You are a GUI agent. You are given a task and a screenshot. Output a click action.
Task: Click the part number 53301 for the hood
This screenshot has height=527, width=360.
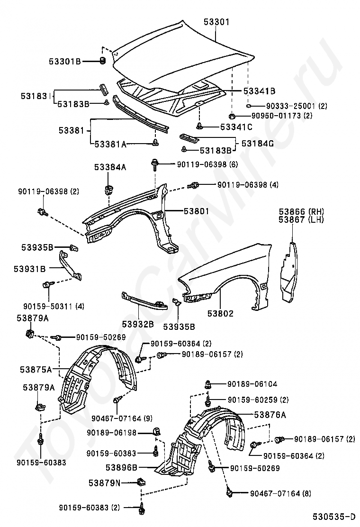(x=216, y=22)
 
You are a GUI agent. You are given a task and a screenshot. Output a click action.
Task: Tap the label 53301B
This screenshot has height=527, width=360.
(x=65, y=62)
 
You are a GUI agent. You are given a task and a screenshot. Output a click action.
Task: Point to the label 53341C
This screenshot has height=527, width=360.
(x=236, y=127)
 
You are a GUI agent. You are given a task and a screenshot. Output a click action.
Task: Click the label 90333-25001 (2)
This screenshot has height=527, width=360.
(x=297, y=106)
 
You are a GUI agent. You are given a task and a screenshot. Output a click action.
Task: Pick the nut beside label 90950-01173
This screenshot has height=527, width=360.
(x=231, y=116)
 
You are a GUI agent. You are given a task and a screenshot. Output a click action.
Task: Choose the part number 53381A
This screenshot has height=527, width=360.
(x=110, y=144)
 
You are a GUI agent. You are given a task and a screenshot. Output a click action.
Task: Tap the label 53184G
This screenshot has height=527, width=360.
(x=258, y=144)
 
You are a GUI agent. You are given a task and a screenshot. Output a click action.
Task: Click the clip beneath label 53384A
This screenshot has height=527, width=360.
(x=108, y=189)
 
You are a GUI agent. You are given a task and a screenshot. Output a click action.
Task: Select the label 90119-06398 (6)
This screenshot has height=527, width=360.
(x=207, y=164)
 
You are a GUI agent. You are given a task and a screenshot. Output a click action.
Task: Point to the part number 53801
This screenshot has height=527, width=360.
(x=197, y=211)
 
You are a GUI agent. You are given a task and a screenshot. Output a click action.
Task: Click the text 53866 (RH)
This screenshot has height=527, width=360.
(x=301, y=212)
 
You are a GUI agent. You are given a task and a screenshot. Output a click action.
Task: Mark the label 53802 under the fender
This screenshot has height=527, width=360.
(x=220, y=314)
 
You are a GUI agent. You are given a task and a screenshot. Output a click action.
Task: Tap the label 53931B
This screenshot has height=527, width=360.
(x=29, y=269)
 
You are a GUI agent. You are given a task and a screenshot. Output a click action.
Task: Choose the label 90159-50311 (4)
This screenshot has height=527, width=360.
(x=54, y=306)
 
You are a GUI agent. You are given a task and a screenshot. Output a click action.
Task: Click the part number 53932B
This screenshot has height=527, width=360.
(x=138, y=324)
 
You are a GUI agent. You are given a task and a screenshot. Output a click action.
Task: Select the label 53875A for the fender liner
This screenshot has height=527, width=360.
(x=36, y=370)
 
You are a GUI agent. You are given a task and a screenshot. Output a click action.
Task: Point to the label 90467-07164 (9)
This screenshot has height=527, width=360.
(x=122, y=418)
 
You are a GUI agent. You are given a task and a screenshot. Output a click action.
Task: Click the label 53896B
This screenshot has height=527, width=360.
(x=121, y=467)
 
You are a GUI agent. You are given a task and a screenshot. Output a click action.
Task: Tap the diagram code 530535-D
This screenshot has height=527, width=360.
(x=334, y=516)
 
